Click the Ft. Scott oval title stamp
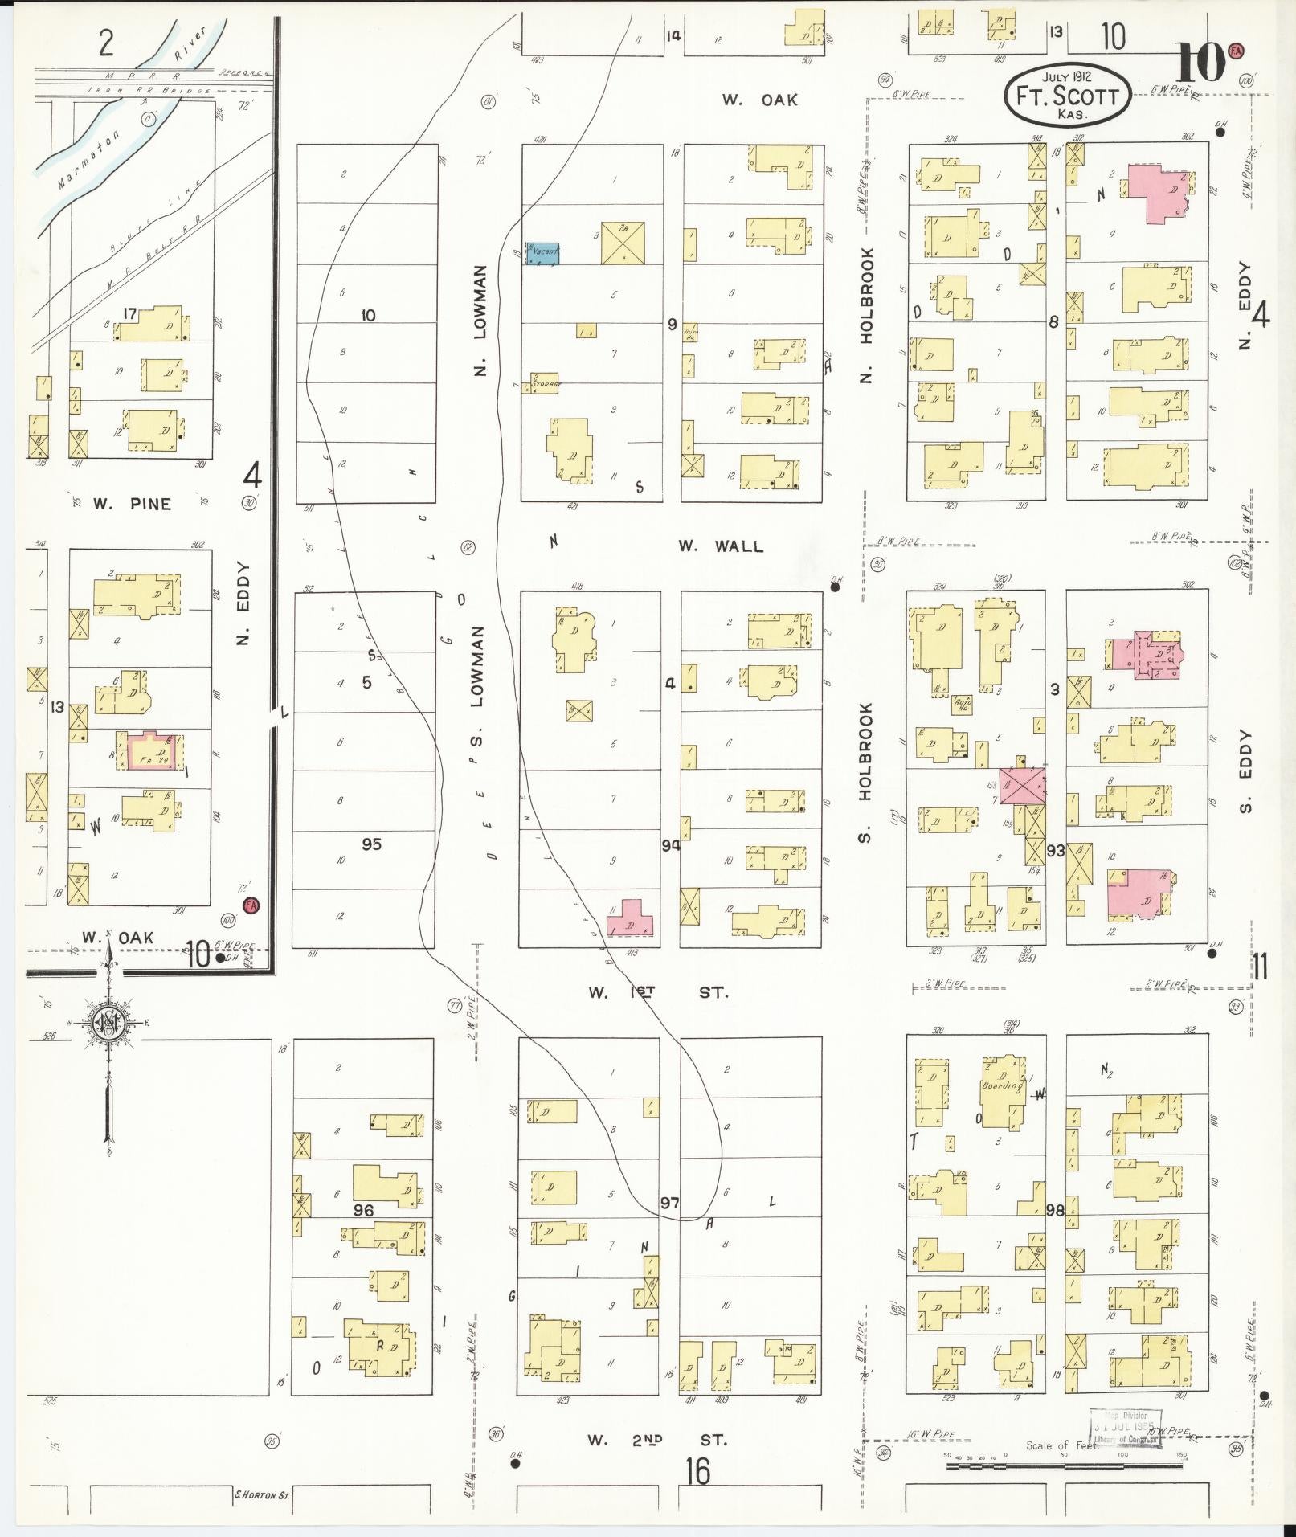pyautogui.click(x=1067, y=96)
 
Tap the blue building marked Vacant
pyautogui.click(x=542, y=253)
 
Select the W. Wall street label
pyautogui.click(x=720, y=546)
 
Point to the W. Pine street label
pyautogui.click(x=132, y=504)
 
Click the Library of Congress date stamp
pyautogui.click(x=1125, y=1428)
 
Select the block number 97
pyautogui.click(x=669, y=1202)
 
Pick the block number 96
pyautogui.click(x=363, y=1209)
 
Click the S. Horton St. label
pyautogui.click(x=261, y=1495)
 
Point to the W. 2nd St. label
pyautogui.click(x=656, y=1440)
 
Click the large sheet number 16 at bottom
pyautogui.click(x=698, y=1472)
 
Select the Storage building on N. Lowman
pyautogui.click(x=542, y=383)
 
